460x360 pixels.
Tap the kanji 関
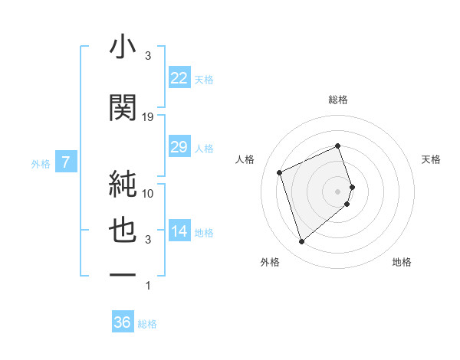(x=122, y=108)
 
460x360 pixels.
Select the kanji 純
(x=122, y=183)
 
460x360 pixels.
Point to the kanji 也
(x=122, y=231)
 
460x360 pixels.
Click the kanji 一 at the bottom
(x=122, y=274)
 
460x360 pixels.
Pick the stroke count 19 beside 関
(x=148, y=116)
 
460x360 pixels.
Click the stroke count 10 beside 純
(x=148, y=193)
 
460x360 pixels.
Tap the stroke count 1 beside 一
(x=148, y=286)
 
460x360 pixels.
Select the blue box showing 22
(x=179, y=78)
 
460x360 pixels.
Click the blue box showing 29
(x=179, y=147)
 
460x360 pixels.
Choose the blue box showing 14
(x=179, y=232)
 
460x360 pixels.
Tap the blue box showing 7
(x=67, y=162)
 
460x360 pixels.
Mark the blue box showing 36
(x=123, y=322)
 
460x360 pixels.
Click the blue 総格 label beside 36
(x=147, y=324)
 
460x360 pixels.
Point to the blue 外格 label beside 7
(x=41, y=163)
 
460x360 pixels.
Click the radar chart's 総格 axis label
(x=338, y=100)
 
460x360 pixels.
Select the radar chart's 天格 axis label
(x=432, y=159)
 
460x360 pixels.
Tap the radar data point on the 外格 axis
(x=301, y=242)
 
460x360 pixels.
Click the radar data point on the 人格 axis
(x=280, y=172)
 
